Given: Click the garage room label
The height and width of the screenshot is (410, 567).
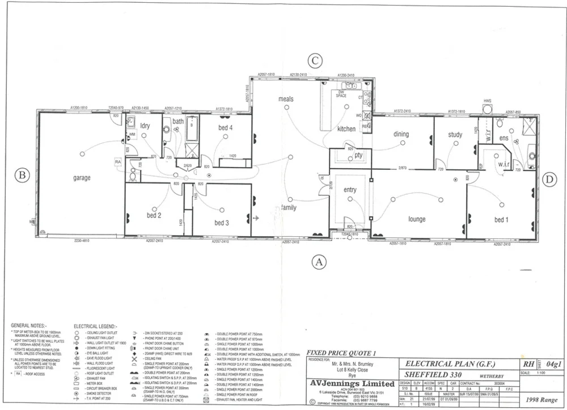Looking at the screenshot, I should pyautogui.click(x=82, y=178).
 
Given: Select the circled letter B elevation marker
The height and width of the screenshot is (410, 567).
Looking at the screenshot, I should pyautogui.click(x=22, y=175).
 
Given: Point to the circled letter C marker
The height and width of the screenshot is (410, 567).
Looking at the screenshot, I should pyautogui.click(x=315, y=61).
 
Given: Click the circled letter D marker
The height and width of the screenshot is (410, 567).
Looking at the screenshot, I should pyautogui.click(x=548, y=180).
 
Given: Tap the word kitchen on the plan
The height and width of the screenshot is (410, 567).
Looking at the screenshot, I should pyautogui.click(x=346, y=129).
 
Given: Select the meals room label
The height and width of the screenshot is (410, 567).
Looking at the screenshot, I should pyautogui.click(x=286, y=99).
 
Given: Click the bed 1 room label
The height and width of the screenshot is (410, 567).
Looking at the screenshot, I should pyautogui.click(x=501, y=220).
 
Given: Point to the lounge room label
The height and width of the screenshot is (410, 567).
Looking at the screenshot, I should pyautogui.click(x=417, y=219).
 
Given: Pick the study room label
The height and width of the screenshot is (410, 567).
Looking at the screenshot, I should pyautogui.click(x=455, y=135).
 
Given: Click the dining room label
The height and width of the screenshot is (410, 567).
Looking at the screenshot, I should pyautogui.click(x=401, y=134).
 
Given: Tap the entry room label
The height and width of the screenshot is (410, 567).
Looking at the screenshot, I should pyautogui.click(x=350, y=190).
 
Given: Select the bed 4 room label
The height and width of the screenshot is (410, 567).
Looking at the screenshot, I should pyautogui.click(x=226, y=128).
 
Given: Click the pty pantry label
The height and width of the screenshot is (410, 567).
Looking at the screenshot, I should pyautogui.click(x=358, y=155).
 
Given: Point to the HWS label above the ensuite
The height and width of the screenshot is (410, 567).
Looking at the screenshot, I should pyautogui.click(x=487, y=101).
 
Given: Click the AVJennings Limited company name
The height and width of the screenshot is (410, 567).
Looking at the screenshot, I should pyautogui.click(x=352, y=384).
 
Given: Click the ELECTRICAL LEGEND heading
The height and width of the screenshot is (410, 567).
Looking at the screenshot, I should pyautogui.click(x=95, y=326).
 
